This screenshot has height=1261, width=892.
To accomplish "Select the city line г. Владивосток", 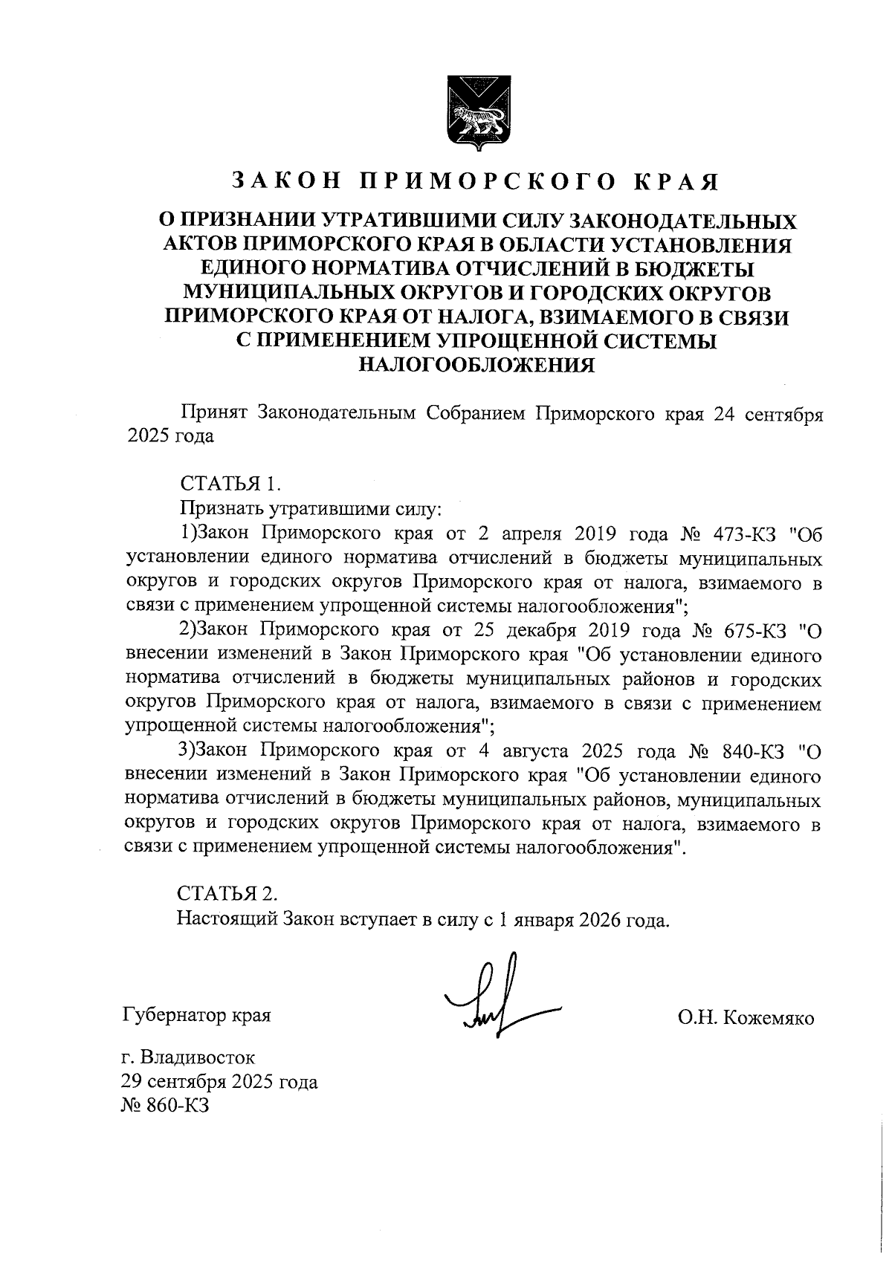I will [189, 1057].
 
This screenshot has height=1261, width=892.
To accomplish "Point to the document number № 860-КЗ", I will [165, 1106].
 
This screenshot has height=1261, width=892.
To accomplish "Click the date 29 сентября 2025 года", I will [219, 1082].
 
